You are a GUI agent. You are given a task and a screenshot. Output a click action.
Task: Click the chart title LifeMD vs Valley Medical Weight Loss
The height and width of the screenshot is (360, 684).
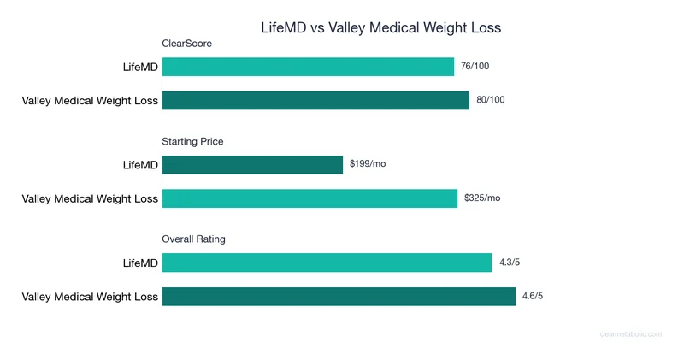[x=380, y=27]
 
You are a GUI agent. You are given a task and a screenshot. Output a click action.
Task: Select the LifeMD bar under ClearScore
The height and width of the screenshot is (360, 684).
[x=308, y=67]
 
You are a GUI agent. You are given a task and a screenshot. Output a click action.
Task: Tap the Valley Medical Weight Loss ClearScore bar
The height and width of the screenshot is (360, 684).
[x=315, y=100]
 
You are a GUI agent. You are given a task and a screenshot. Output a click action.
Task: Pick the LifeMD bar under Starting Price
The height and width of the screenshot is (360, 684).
[x=252, y=164]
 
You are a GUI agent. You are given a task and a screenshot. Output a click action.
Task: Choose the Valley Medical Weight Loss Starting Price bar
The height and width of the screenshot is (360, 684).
[x=310, y=198]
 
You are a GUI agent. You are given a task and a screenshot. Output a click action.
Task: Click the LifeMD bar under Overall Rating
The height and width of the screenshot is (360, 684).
[x=327, y=263]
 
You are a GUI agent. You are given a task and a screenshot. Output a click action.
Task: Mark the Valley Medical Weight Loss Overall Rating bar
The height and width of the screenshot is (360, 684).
[x=339, y=297]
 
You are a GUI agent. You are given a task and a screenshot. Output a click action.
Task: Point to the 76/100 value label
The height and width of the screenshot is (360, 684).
[x=475, y=67]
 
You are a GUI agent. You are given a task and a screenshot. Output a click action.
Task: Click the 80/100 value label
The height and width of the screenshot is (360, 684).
[x=491, y=100]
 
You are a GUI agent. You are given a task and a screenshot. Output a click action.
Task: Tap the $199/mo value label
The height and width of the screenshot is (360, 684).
[x=368, y=164]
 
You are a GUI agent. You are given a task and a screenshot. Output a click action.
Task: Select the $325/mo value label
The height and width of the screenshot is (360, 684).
[x=482, y=198]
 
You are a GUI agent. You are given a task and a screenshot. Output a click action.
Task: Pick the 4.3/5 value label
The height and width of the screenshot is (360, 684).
[x=510, y=263]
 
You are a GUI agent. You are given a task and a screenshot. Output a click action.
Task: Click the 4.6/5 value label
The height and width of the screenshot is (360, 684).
[x=533, y=297]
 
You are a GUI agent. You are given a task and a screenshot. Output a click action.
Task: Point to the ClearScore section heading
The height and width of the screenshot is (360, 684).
[x=187, y=44]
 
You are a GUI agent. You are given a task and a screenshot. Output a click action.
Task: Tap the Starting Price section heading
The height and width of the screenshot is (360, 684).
[x=193, y=141]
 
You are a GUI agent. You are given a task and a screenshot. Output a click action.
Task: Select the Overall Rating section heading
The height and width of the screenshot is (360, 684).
[x=194, y=239]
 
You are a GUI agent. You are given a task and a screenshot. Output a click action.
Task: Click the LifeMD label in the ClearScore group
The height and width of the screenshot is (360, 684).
[x=140, y=67]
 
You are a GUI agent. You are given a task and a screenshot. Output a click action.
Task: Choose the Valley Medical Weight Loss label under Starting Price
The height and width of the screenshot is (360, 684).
[x=90, y=198]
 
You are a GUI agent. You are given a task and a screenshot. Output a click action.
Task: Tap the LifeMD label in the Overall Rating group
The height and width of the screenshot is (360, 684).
[x=140, y=263]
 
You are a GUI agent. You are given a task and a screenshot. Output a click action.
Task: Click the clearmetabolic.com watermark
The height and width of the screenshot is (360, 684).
[x=631, y=334]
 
